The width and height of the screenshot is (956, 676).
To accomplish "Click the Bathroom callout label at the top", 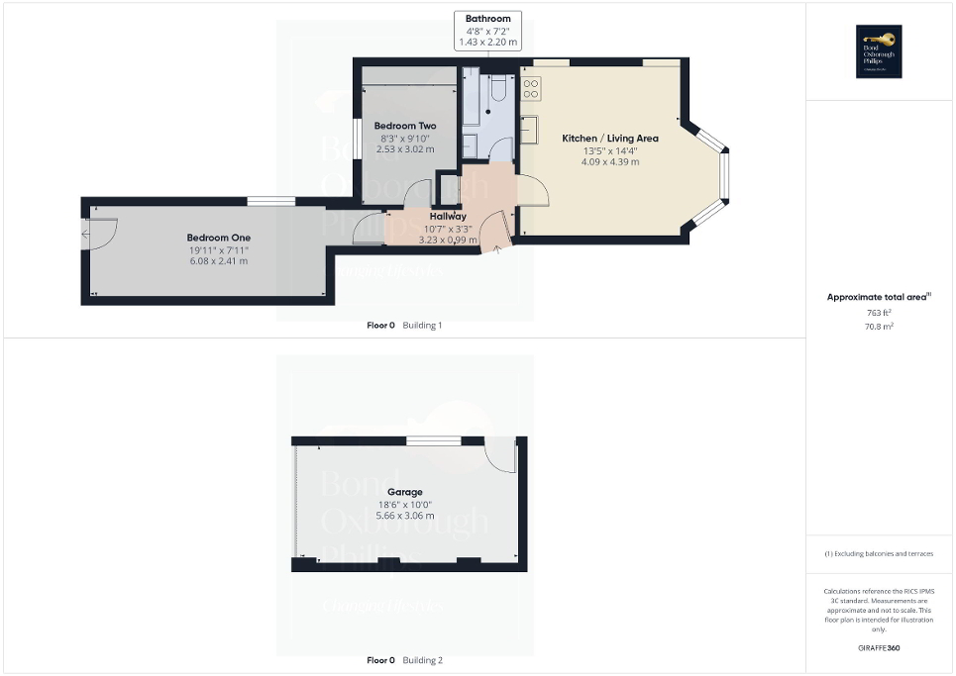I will coord(487,19).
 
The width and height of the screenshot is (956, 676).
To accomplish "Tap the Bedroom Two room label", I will coord(405,126).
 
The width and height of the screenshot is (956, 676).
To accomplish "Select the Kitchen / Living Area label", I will coord(610,139).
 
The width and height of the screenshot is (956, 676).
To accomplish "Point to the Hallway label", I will coord(448,216).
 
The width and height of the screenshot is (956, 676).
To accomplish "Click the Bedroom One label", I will coord(219,238).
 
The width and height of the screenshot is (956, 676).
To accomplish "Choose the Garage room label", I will coord(404,492).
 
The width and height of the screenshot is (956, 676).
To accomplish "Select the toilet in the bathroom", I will coord(498,92).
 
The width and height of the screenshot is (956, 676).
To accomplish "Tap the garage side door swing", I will coord(501,454).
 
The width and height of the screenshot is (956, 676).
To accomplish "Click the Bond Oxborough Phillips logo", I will coord(875,51).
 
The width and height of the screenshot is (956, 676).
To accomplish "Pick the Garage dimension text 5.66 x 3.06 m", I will coord(404,517).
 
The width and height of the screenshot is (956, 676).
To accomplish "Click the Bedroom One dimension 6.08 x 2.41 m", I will coord(219,262).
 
